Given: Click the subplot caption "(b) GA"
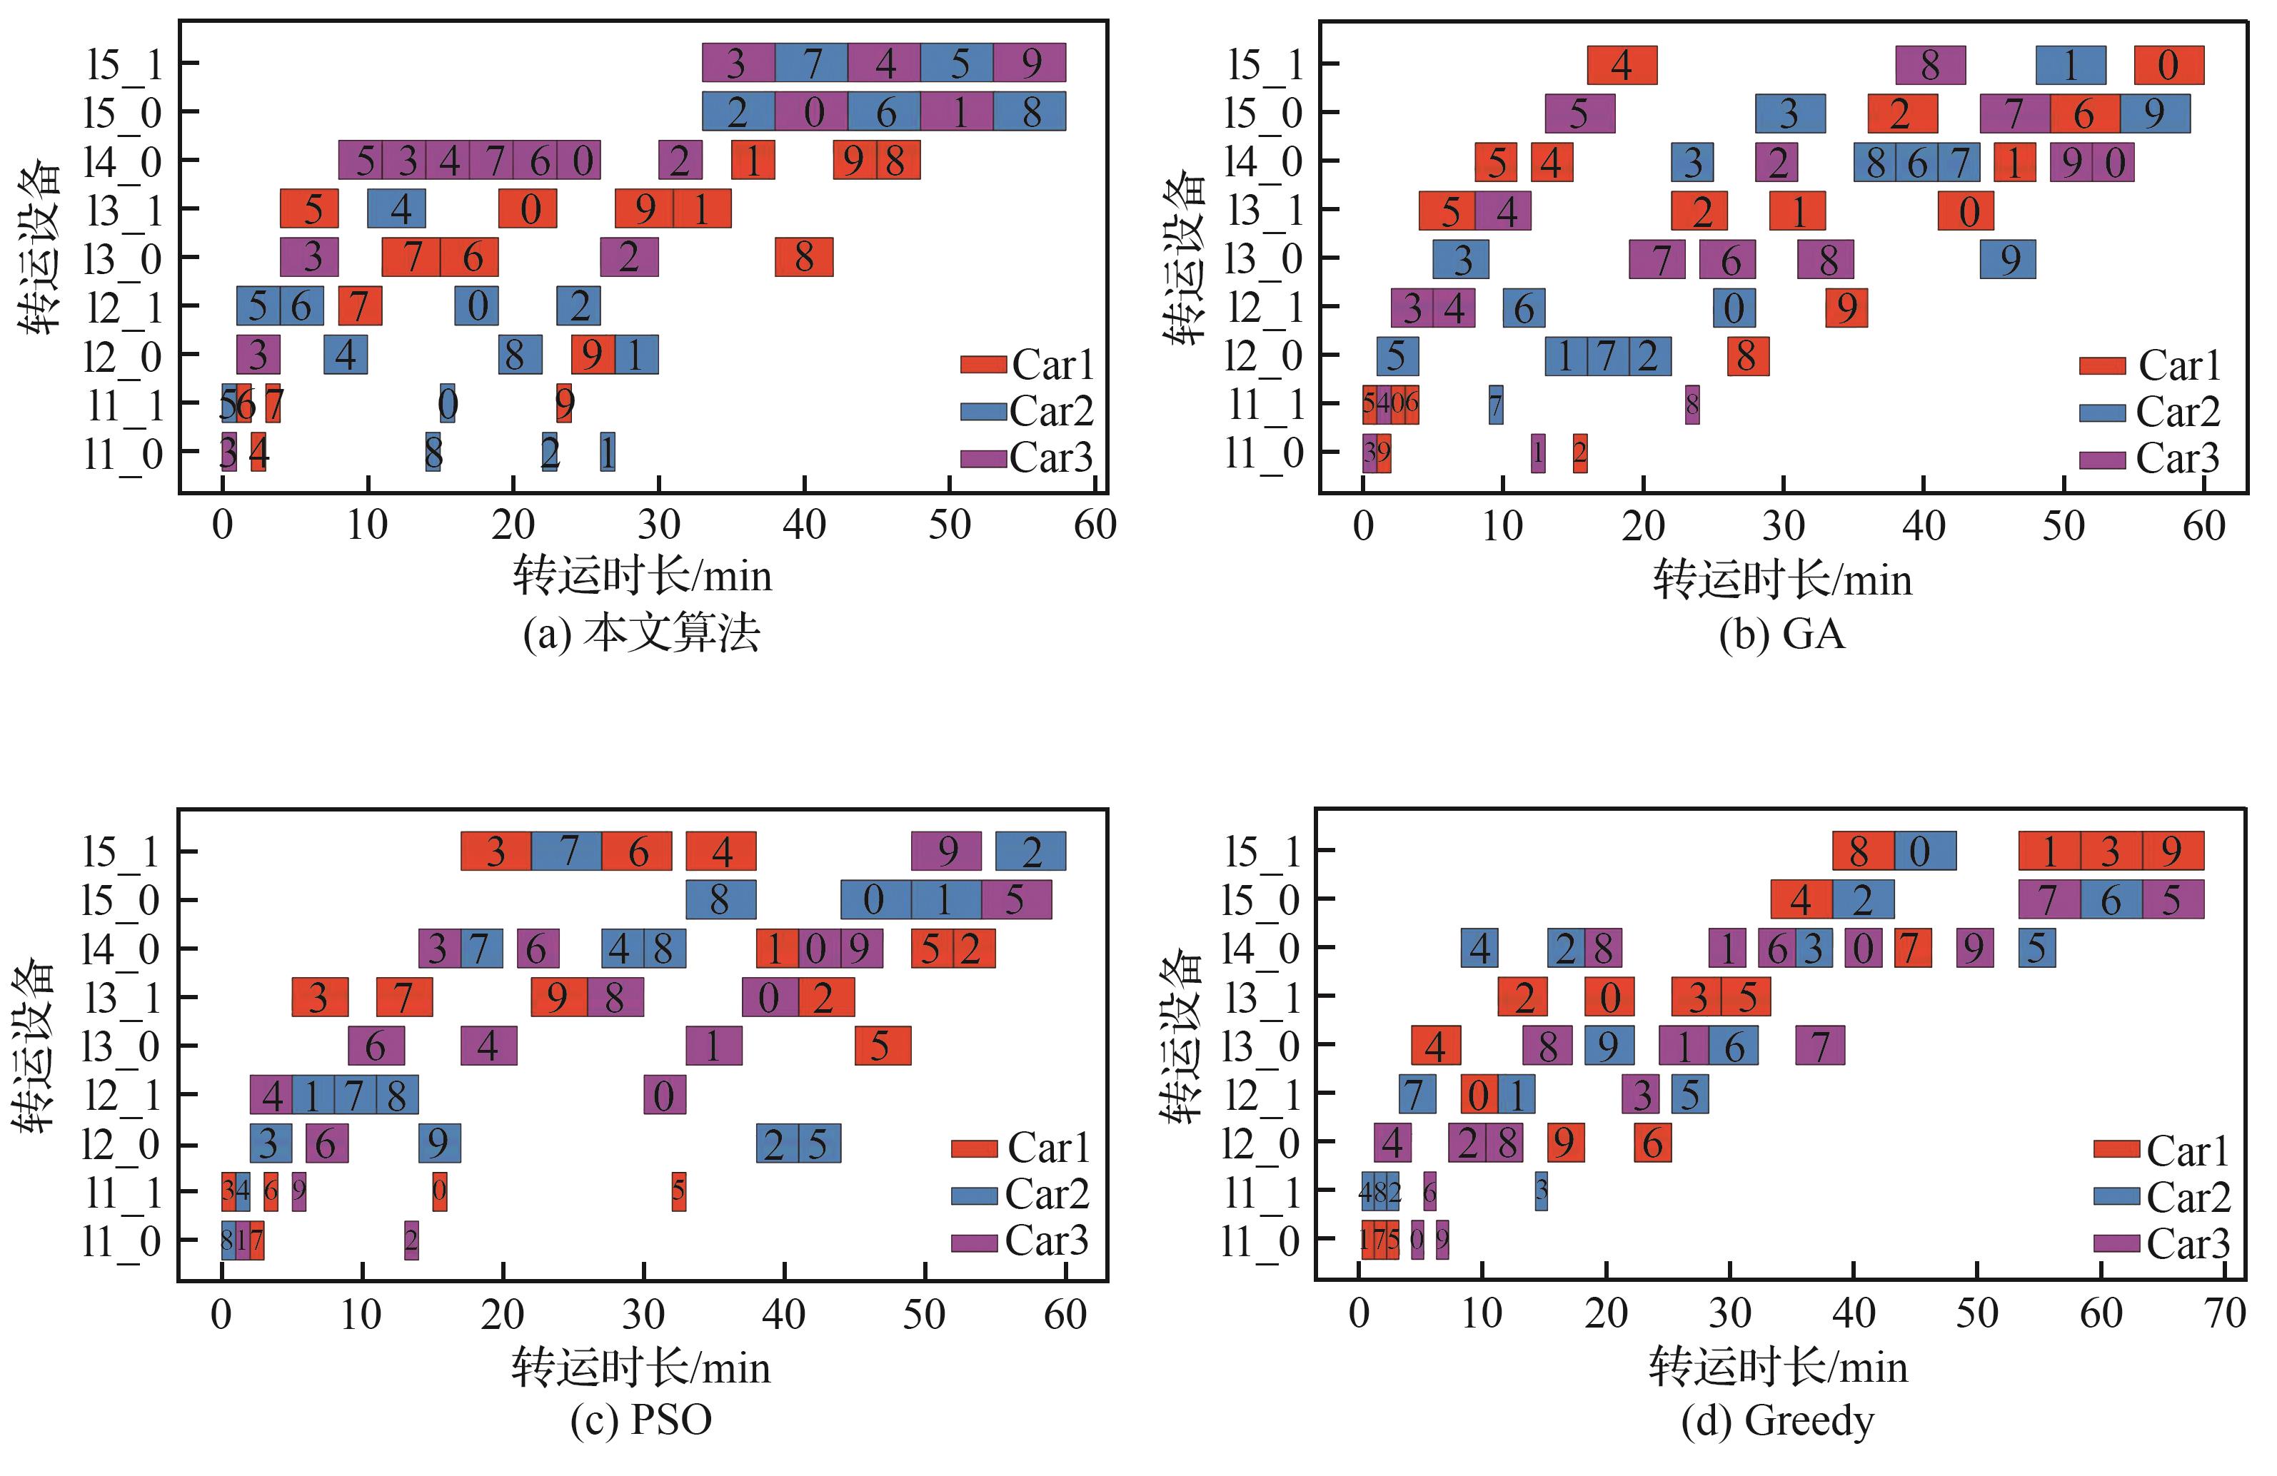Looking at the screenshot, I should coord(1781,635).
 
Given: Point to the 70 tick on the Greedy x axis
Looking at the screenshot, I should coord(2224,1313).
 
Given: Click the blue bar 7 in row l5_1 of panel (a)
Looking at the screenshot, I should coord(811,63).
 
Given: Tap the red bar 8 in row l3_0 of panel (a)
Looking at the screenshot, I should coord(804,258).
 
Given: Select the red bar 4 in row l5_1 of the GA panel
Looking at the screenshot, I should coord(1622,65).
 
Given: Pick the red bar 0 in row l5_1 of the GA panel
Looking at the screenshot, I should coord(2169,65).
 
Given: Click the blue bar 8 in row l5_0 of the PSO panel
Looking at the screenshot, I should coord(720,900).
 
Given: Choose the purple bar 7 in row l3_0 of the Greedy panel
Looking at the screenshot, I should coord(1820,1046).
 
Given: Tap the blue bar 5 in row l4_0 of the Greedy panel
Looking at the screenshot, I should coord(2037,948).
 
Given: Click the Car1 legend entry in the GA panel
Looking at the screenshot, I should coord(2148,365).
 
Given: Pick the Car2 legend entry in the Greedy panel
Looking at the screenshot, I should coord(2161,1197).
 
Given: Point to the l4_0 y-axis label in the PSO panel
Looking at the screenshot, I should coord(121,950).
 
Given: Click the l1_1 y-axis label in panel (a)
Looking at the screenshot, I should coord(124,405).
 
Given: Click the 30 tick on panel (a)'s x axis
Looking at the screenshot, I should coord(658,525).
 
